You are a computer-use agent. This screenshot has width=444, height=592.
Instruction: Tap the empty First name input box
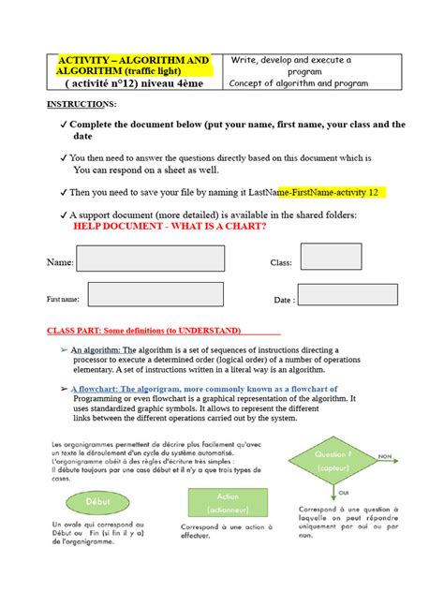pos(138,299)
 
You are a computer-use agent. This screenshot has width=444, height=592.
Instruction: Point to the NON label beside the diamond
pos(384,457)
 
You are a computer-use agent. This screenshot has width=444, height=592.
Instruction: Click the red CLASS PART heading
pos(144,331)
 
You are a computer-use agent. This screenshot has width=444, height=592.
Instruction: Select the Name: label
pos(60,263)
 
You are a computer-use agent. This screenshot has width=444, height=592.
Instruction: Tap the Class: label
pos(282,264)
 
